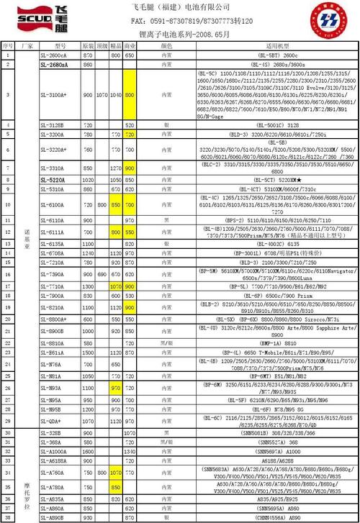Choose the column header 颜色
[166, 45]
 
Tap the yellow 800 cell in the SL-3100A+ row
[130, 95]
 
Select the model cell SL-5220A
[53, 179]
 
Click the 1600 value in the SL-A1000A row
[88, 451]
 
